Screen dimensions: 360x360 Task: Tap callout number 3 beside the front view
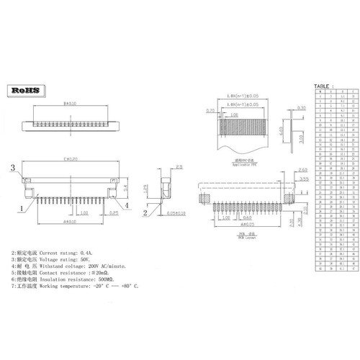click(12, 167)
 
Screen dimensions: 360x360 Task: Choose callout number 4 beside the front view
click(127, 205)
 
